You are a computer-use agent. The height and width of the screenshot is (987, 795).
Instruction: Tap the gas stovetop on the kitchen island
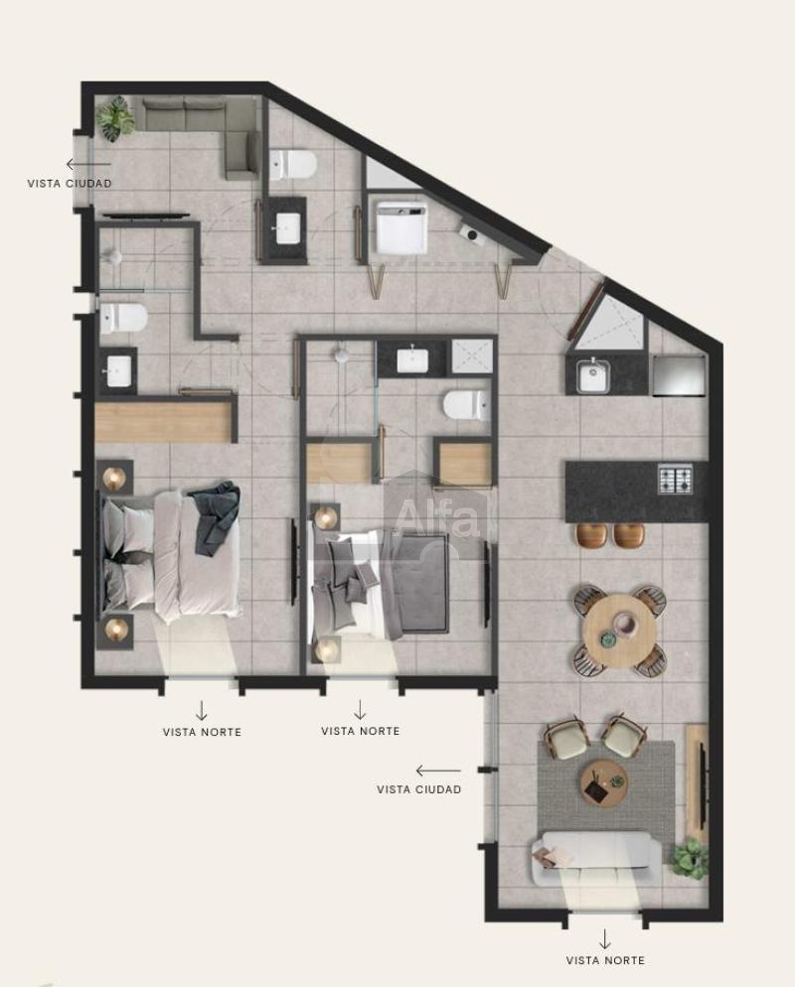pos(676,479)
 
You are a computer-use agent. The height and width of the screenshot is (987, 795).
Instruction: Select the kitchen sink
pos(593,375)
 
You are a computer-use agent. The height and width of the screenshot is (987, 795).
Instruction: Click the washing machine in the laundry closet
pos(402,226)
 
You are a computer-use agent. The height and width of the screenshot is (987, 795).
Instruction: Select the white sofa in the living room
pos(596,858)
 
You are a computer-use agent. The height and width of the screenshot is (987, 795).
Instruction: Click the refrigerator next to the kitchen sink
pos(678,375)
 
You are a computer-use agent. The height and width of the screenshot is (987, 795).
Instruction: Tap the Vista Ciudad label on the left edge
pos(70,183)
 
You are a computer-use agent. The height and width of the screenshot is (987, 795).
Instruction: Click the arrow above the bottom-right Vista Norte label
pos(605,938)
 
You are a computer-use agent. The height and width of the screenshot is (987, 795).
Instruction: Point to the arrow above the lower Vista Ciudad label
pos(438,771)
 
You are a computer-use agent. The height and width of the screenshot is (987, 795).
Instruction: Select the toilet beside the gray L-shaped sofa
pos(293,165)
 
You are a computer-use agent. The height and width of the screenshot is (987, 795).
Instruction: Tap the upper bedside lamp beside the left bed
pos(114,478)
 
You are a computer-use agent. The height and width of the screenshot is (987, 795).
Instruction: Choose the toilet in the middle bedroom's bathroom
pos(466,405)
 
